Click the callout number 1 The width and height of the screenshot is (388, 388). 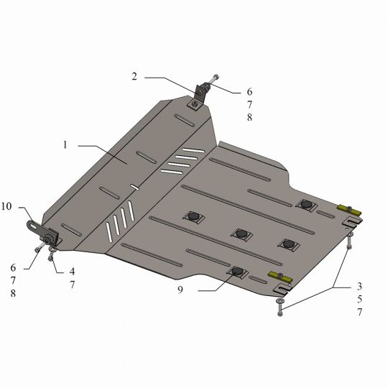65,144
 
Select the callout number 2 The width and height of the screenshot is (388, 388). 134,76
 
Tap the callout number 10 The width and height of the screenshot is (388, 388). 6,206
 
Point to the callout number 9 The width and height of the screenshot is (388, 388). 180,290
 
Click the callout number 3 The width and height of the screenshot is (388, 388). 359,286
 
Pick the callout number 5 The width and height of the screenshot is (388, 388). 359,299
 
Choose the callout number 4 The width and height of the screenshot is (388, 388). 72,272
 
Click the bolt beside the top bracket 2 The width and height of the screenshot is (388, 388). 215,79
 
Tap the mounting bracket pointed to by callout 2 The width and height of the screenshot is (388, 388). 199,96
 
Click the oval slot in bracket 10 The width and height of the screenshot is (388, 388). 32,225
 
